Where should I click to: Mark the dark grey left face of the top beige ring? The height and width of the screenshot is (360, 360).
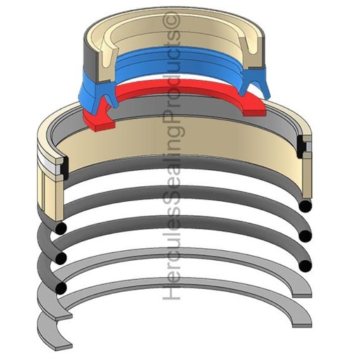pos(88,49)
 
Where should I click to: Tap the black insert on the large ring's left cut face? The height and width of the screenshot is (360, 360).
pos(61,169)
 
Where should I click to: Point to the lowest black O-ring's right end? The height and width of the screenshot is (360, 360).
pos(304,265)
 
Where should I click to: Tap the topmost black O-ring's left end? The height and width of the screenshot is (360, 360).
pos(61,228)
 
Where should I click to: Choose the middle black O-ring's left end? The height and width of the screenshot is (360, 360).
pos(61,257)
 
